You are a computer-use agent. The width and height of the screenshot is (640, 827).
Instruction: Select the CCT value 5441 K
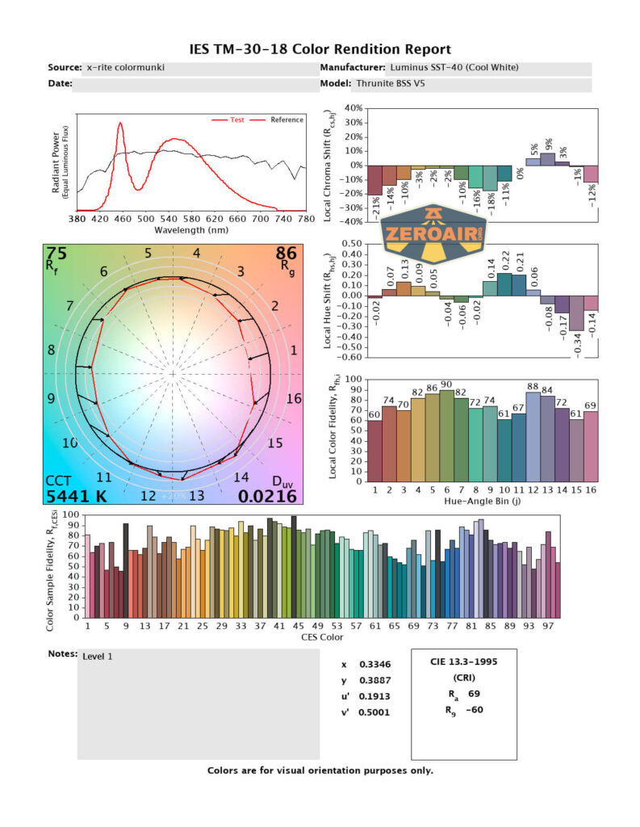coord(75,496)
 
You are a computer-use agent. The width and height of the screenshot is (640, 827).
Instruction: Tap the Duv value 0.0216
coord(267,496)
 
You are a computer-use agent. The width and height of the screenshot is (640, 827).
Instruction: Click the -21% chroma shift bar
coord(374,179)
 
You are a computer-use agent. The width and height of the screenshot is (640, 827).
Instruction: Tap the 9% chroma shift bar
coord(548,159)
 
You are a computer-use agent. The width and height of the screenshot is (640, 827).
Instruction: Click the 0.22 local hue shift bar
coord(504,284)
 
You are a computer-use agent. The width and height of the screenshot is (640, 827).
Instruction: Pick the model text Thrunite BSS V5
coord(391,83)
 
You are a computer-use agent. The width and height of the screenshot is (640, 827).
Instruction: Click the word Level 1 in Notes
coord(98,656)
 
